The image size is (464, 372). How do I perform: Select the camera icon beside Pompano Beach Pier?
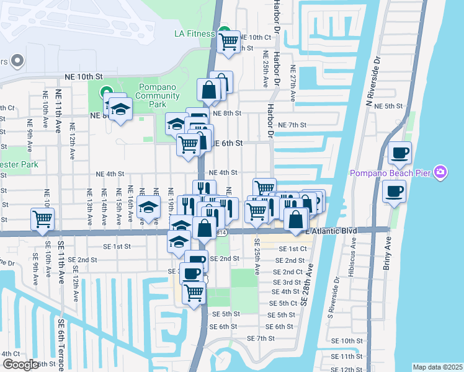(x=440, y=172)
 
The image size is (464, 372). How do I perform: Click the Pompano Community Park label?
(x=159, y=95)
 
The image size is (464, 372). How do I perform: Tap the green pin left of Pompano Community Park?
(x=104, y=93)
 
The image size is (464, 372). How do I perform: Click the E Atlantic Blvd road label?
(x=332, y=231)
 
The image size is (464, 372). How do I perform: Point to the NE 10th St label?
(x=83, y=76)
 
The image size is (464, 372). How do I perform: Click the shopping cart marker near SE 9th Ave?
(x=42, y=218)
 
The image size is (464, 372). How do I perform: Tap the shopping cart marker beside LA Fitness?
(x=229, y=42)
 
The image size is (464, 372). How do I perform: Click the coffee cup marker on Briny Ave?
(x=394, y=191)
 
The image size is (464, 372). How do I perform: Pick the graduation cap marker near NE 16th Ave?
(x=148, y=208)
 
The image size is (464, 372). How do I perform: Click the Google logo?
(x=20, y=365)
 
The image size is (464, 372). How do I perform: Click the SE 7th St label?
(x=261, y=339)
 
